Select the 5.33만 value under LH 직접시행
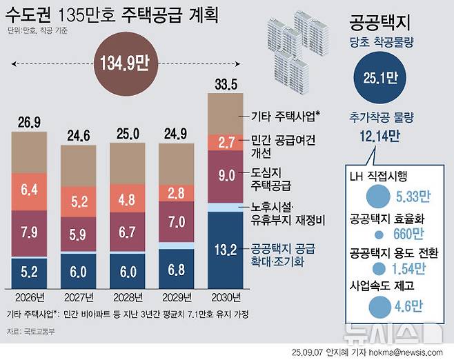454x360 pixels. pyautogui.click(x=412, y=197)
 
